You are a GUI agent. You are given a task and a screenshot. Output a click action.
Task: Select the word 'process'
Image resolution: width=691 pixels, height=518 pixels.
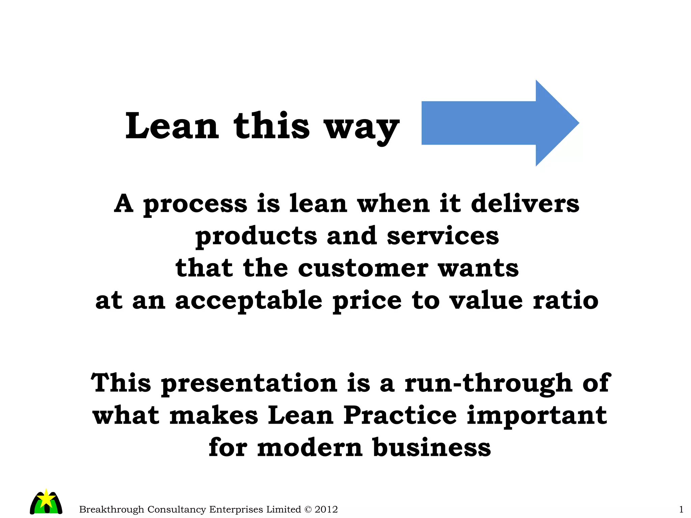pyautogui.click(x=195, y=205)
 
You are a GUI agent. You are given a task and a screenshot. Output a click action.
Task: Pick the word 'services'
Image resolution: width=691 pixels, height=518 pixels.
pyautogui.click(x=443, y=236)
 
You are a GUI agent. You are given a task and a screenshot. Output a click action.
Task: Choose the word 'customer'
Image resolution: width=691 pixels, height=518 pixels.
pyautogui.click(x=363, y=268)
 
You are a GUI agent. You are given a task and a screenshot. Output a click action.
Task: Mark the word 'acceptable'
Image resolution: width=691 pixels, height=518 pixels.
pyautogui.click(x=249, y=301)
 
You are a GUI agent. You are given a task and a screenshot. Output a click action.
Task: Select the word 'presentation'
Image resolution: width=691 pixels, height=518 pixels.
pyautogui.click(x=249, y=384)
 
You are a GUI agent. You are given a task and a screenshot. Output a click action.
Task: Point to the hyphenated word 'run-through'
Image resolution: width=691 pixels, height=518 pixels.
pyautogui.click(x=488, y=384)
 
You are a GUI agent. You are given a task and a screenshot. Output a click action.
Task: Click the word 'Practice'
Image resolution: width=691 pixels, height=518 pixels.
pyautogui.click(x=400, y=415)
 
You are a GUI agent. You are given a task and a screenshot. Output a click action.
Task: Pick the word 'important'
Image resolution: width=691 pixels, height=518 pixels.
pyautogui.click(x=537, y=416)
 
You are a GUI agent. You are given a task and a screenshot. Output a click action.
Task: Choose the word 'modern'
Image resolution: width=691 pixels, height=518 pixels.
pyautogui.click(x=310, y=448)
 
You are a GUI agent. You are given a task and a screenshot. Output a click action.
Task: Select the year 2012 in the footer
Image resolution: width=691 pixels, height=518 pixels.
pyautogui.click(x=326, y=509)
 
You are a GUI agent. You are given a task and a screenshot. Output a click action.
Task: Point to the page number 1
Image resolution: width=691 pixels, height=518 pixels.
pyautogui.click(x=681, y=509)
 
